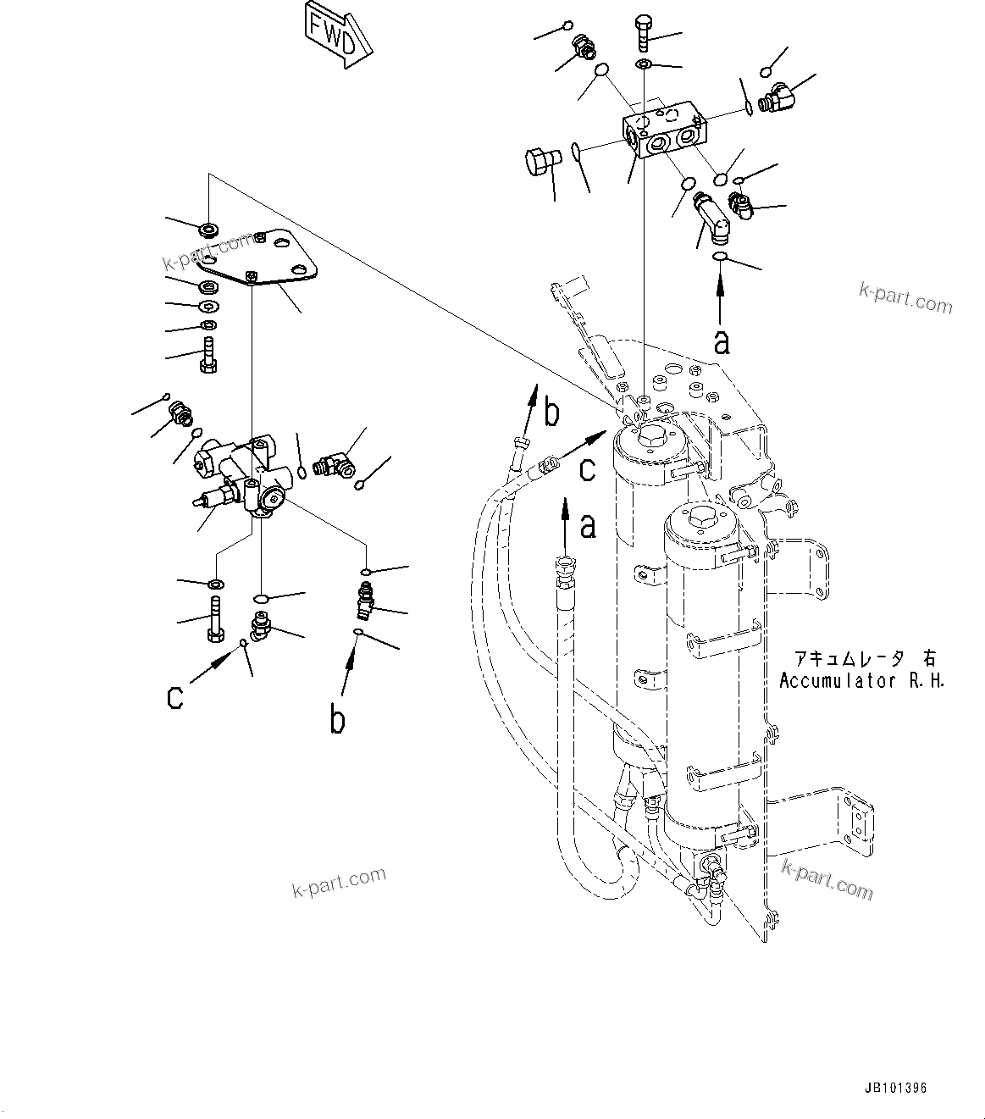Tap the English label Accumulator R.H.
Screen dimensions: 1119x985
point(861,680)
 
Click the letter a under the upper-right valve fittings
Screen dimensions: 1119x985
point(721,341)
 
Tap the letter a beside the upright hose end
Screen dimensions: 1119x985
point(587,526)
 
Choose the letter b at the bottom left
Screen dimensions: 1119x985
point(337,720)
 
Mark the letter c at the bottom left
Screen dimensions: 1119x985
point(175,697)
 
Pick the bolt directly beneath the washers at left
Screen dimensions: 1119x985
point(208,354)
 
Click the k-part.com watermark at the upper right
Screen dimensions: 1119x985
point(905,297)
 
